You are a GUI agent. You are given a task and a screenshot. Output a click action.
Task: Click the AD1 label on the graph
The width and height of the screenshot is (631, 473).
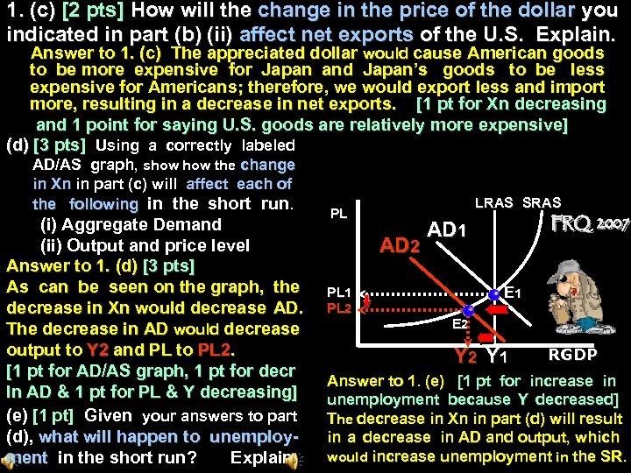(x=448, y=231)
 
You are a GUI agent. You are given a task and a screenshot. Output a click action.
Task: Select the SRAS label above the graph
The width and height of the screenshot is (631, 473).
(x=542, y=202)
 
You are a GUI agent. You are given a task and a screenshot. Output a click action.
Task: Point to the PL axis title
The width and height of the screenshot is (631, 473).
(x=338, y=213)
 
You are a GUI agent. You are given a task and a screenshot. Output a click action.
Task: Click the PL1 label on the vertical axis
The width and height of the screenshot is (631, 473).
(x=339, y=292)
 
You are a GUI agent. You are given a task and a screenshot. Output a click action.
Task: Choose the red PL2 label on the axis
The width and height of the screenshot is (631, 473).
(x=339, y=307)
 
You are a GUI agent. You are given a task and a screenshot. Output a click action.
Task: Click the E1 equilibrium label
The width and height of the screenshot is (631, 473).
(x=514, y=292)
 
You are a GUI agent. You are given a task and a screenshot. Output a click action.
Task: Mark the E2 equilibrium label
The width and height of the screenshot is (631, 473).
(x=459, y=323)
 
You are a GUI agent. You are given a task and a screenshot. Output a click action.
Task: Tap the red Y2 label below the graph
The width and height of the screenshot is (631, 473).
(x=465, y=356)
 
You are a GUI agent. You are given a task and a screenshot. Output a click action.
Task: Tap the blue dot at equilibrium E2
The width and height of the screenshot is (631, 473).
(x=469, y=310)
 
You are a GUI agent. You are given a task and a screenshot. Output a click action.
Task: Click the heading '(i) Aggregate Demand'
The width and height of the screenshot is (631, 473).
(x=131, y=224)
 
